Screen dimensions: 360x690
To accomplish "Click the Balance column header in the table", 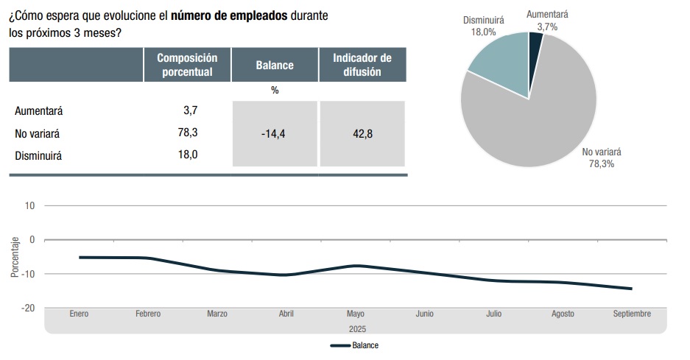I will pos(275,65).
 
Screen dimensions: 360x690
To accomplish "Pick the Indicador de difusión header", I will pos(362,65).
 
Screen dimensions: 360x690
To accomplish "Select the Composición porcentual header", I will pos(187,65).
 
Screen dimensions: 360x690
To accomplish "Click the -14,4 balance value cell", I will pos(274,134).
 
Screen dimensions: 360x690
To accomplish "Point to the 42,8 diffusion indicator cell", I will pos(362,134).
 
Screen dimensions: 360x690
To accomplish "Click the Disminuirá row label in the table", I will pos(38,155).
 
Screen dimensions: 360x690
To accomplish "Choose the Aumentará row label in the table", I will pos(39,110).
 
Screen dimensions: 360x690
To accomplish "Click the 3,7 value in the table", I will pos(190,110).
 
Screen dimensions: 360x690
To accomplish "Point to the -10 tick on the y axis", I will pos(29,274).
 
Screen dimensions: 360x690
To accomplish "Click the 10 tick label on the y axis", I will pos(30,205).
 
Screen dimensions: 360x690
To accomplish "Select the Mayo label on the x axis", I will pos(356,314).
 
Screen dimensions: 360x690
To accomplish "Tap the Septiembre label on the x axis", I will pos(632,314).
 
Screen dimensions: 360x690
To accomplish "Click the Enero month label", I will pos(79,314).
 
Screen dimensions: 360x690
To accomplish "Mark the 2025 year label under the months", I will pos(356,328).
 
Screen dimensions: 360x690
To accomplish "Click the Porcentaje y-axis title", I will pos(15,257).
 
